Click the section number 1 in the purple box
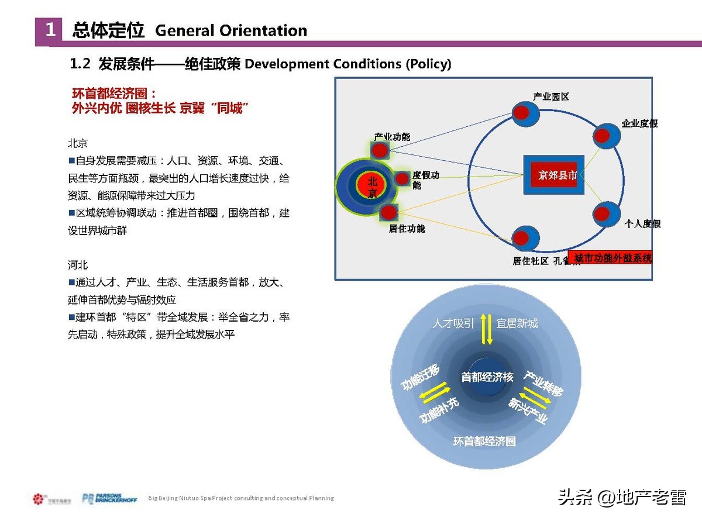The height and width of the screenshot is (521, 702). tap(51, 30)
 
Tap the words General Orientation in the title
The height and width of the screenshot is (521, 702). tap(231, 30)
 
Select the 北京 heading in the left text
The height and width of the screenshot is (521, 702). tap(78, 143)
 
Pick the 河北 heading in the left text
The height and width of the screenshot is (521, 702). tap(78, 265)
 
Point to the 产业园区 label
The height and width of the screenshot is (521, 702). tap(550, 96)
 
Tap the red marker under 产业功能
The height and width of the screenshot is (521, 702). tap(380, 151)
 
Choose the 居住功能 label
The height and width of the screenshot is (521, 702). tap(407, 229)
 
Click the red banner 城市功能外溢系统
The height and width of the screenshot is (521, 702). tap(612, 258)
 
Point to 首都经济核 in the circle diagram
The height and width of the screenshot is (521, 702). tap(487, 378)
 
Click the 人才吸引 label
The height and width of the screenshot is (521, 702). tap(453, 323)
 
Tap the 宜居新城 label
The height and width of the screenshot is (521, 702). tap(517, 323)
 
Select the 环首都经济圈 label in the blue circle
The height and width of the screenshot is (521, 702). tap(484, 441)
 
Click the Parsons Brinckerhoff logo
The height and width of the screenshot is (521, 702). tap(109, 499)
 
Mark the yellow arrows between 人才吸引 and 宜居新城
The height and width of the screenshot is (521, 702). tap(486, 329)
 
